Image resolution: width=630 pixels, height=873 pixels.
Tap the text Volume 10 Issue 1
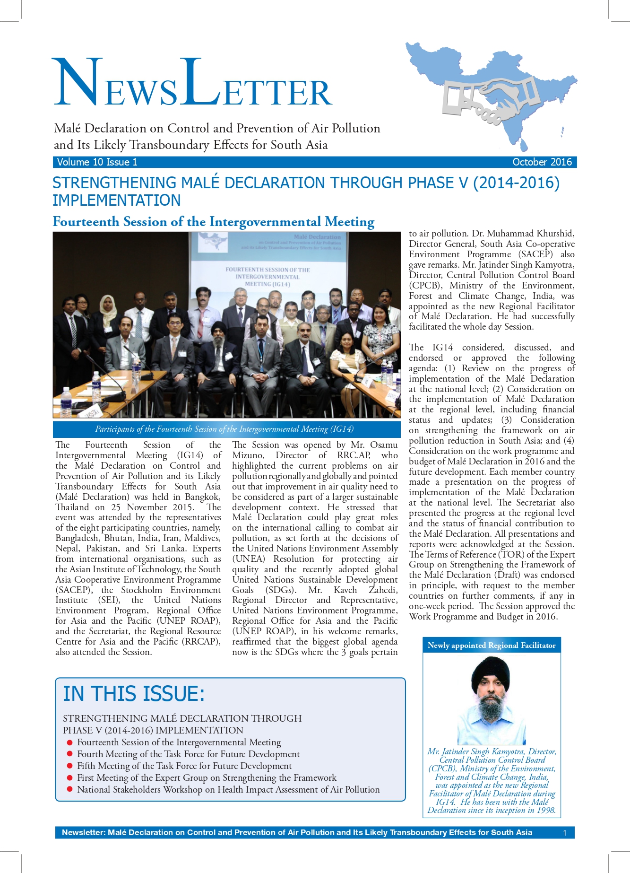click(x=97, y=162)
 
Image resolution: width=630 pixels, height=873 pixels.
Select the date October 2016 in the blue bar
click(x=542, y=162)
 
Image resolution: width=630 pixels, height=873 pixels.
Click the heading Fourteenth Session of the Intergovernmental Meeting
click(x=213, y=222)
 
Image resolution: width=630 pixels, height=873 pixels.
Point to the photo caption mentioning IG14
click(x=224, y=429)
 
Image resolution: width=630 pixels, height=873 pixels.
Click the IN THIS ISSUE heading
click(x=134, y=694)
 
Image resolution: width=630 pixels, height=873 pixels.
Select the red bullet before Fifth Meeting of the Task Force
click(x=70, y=766)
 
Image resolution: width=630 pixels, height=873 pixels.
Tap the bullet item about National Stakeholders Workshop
click(x=228, y=789)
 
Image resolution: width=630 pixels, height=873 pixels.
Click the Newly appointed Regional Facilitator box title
click(x=492, y=645)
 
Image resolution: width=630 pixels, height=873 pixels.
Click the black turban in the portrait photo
click(x=490, y=672)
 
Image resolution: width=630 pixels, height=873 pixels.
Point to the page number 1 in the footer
click(x=564, y=833)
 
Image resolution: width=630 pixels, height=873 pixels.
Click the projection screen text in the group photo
click(x=268, y=277)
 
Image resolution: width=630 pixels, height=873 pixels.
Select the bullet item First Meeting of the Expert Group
click(x=207, y=777)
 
